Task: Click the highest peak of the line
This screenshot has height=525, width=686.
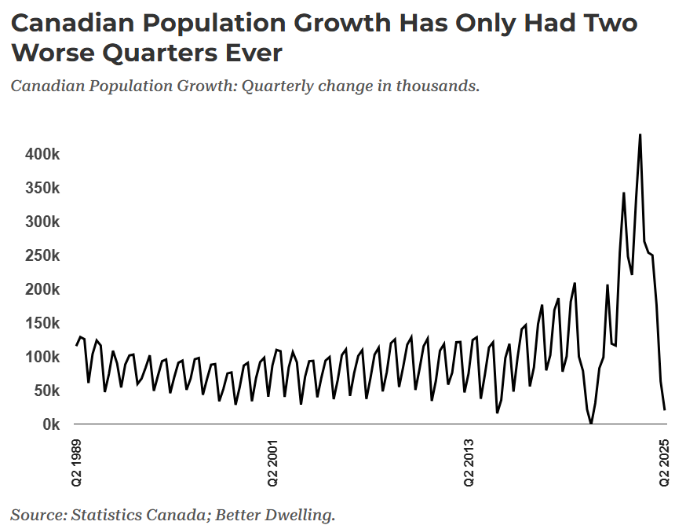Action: (x=640, y=134)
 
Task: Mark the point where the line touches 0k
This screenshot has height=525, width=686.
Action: (x=591, y=424)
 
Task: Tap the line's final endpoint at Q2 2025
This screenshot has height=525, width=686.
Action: (x=665, y=409)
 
